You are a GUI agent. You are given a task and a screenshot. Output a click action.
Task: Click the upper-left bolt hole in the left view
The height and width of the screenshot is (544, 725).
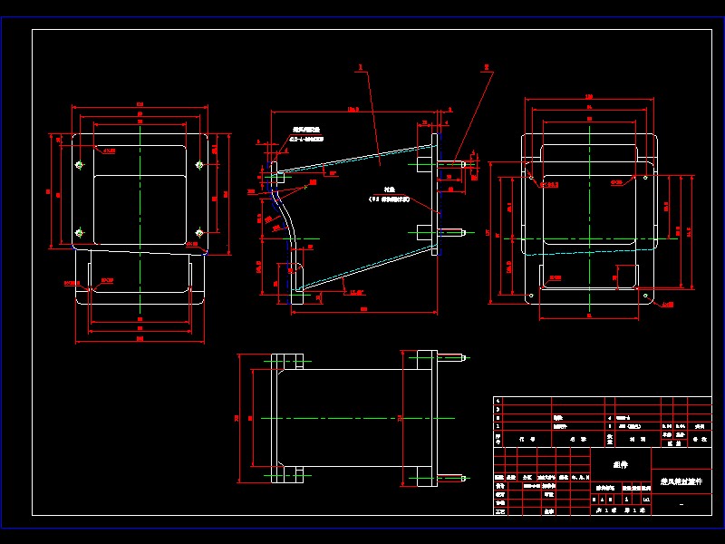79,165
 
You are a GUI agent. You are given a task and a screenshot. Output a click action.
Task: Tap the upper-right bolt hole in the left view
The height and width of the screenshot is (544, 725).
199,165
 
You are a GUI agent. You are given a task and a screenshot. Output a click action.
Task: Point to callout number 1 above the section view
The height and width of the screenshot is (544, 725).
360,67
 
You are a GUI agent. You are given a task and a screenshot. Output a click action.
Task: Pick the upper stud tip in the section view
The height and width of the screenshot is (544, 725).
465,164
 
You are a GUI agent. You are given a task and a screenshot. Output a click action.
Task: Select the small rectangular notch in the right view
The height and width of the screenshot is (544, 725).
626,275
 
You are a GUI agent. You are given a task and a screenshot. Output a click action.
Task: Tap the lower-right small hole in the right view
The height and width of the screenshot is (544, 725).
644,296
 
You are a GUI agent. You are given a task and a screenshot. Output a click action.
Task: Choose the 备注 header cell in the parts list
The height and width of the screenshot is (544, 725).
699,440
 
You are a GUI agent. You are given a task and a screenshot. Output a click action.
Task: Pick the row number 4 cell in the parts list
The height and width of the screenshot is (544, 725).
498,400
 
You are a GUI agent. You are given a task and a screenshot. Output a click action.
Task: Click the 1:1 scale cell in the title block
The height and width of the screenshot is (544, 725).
645,499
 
